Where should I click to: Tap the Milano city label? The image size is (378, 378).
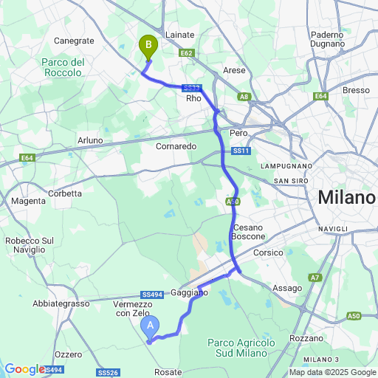pos(346,198)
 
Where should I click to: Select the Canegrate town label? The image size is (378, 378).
pos(74,41)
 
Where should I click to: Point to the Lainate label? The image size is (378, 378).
pos(180,35)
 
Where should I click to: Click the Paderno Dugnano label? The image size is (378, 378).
pos(328,39)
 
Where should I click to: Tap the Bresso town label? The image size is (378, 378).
pos(356,90)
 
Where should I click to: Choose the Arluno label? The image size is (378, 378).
pos(90,140)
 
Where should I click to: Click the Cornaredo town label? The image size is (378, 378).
pos(176,146)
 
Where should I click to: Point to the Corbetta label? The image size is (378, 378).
pos(65,193)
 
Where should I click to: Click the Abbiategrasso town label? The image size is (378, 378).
pos(61,303)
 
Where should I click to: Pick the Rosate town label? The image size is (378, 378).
pos(168,372)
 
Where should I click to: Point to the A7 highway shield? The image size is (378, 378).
pos(315,278)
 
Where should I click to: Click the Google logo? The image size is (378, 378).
pos(24,369)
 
